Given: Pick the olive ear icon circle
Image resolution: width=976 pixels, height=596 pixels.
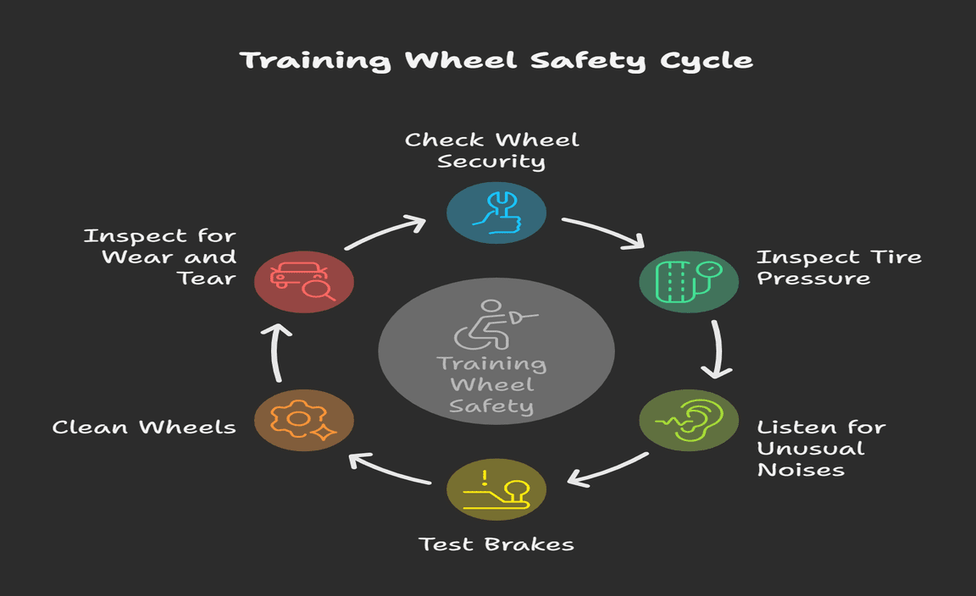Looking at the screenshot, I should pyautogui.click(x=688, y=420).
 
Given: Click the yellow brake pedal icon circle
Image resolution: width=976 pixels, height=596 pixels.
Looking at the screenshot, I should pyautogui.click(x=496, y=488).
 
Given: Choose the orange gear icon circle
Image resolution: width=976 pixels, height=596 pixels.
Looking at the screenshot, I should pyautogui.click(x=304, y=420).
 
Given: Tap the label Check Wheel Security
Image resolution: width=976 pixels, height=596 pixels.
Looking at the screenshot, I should pyautogui.click(x=492, y=150).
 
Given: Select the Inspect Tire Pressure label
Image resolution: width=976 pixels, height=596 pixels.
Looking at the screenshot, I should pyautogui.click(x=839, y=267).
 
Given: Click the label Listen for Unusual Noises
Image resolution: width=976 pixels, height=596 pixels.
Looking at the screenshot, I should pyautogui.click(x=820, y=448).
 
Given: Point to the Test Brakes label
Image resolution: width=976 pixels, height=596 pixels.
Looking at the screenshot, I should pyautogui.click(x=496, y=544).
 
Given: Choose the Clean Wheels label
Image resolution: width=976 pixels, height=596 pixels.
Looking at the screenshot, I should pyautogui.click(x=144, y=427).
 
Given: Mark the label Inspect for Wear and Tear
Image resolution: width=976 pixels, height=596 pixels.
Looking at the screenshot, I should pyautogui.click(x=160, y=257).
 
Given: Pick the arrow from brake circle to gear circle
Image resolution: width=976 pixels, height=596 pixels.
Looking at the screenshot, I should pyautogui.click(x=390, y=469).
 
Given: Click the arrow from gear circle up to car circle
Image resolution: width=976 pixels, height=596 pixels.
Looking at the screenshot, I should pyautogui.click(x=278, y=350).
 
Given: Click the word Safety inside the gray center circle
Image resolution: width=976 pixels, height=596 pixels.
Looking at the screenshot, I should pyautogui.click(x=491, y=406).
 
